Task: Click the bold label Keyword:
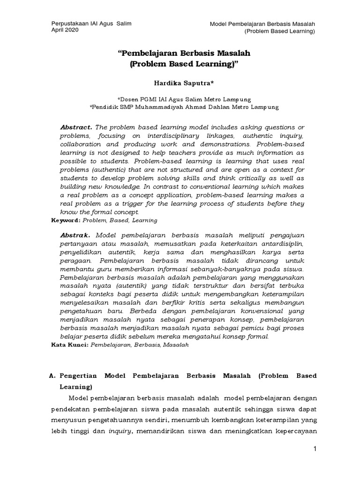tap(66, 220)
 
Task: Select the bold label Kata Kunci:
tap(68, 345)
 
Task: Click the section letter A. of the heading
tap(53, 376)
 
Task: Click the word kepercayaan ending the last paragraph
tap(292, 431)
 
